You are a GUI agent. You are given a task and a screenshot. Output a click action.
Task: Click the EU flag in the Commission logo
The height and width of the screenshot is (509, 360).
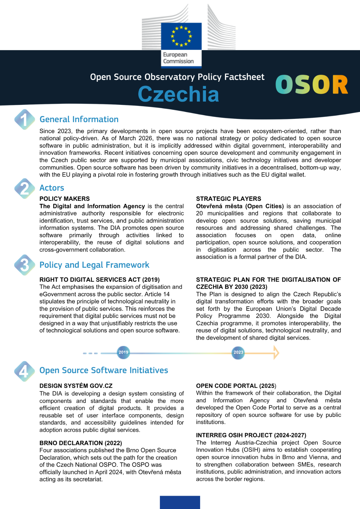pos(181,36)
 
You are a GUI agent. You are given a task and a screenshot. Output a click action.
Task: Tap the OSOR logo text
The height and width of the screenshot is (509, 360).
pos(312,85)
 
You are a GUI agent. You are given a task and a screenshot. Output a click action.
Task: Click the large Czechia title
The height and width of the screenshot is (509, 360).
pos(178,94)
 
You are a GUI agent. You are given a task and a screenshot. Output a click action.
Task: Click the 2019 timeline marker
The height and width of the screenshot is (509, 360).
pos(123,352)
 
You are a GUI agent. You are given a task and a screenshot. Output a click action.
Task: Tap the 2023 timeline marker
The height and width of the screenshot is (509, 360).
pos(238,352)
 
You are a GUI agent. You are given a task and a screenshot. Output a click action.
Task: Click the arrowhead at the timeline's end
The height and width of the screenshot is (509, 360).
pos(276,353)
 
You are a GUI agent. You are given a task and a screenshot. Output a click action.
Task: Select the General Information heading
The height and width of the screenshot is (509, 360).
pos(79,119)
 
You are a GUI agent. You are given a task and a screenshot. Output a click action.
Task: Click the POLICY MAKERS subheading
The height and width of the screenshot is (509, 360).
pos(65,199)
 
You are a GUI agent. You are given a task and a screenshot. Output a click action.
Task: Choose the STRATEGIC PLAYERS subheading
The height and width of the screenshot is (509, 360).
pos(228,199)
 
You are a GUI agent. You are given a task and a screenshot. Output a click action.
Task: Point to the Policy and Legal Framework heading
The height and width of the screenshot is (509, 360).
pos(94,265)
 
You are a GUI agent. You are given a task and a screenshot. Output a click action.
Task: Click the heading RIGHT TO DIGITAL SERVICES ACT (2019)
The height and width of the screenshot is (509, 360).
pos(99,280)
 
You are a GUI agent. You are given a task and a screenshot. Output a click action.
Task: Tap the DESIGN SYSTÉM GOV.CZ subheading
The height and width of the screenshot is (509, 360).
pos(76,386)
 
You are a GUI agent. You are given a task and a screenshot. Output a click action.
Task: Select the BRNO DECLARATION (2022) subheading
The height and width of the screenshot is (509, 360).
pos(81,443)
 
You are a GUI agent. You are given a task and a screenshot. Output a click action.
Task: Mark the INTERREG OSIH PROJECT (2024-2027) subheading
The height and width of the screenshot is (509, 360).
pos(251,435)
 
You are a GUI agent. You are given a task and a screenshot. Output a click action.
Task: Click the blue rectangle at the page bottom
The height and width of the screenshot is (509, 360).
pos(180,502)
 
